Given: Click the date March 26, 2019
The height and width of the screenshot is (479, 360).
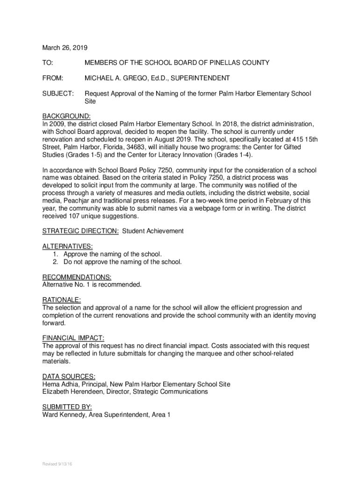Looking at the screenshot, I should point(65,48).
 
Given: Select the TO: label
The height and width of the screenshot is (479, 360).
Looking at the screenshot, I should point(48,63).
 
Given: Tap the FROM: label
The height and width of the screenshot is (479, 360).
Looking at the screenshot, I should point(52,78).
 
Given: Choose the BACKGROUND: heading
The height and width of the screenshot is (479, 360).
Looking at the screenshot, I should point(66,116).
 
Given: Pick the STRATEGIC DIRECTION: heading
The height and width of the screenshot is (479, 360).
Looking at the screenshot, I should point(80,231).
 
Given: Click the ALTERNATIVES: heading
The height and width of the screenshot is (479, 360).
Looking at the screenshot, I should point(67,246).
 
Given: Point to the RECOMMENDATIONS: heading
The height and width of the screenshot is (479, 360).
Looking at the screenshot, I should point(77,277).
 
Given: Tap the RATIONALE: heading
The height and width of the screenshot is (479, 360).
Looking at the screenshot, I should point(61,300).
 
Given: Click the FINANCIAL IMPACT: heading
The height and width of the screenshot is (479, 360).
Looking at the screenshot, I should point(73,338).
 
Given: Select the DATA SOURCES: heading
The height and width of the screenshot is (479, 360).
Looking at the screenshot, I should point(69,376).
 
